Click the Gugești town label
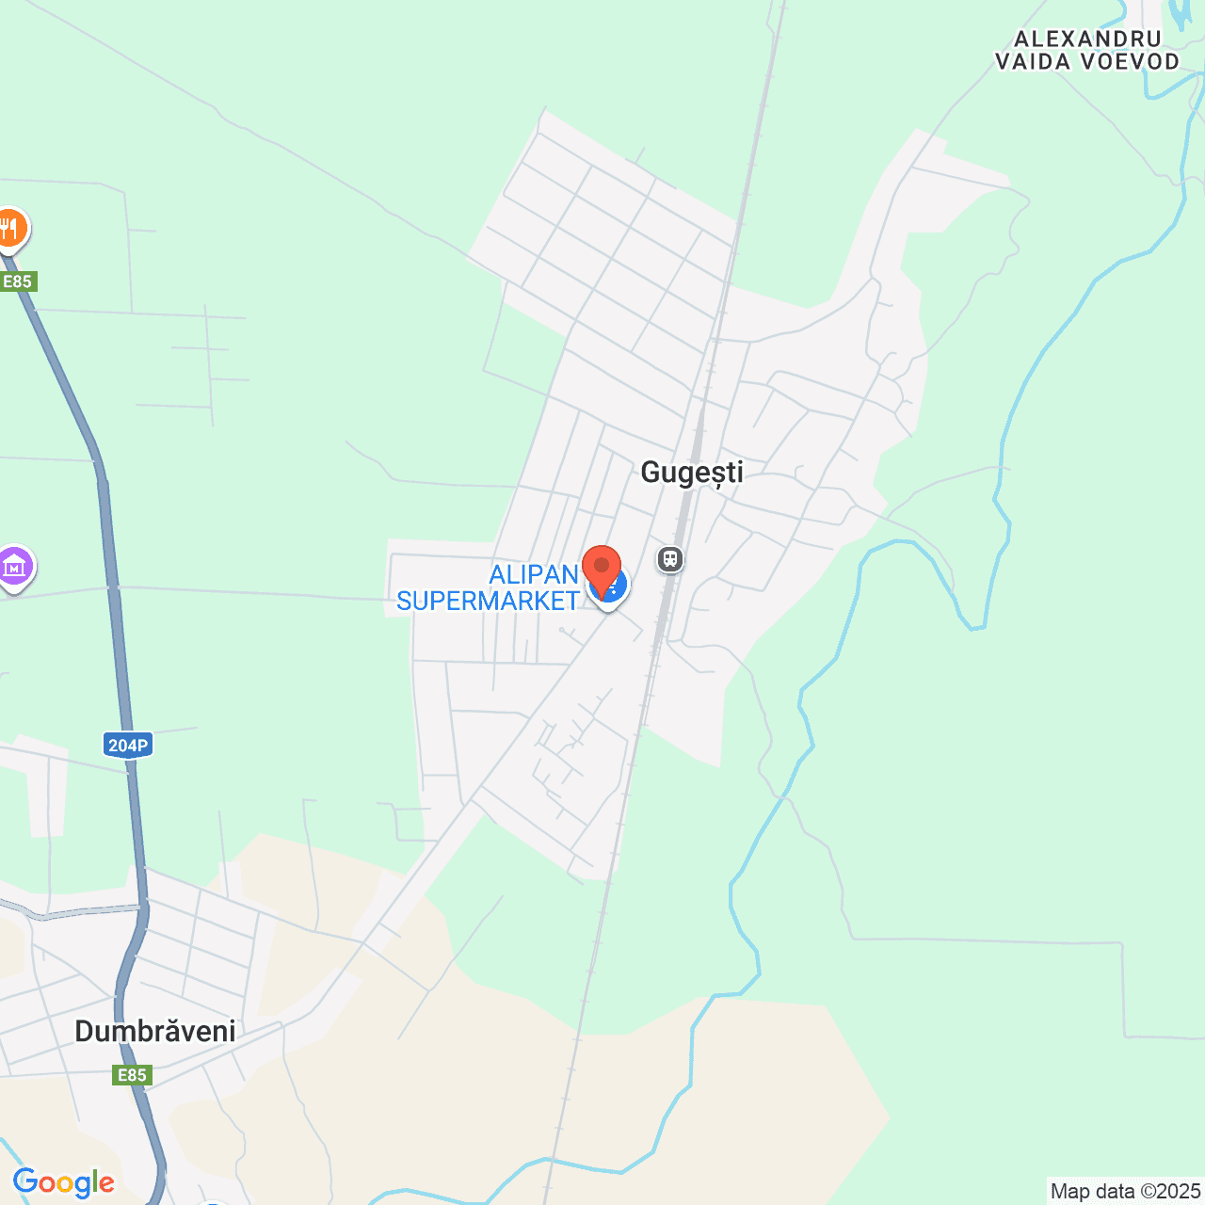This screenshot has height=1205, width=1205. pyautogui.click(x=692, y=473)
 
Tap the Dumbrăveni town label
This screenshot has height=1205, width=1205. pyautogui.click(x=155, y=1031)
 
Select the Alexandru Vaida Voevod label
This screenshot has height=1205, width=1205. pyautogui.click(x=1087, y=51)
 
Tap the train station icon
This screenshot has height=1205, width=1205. pyautogui.click(x=669, y=560)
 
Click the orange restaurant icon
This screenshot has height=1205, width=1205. pyautogui.click(x=9, y=229)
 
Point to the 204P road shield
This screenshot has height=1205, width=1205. pyautogui.click(x=127, y=746)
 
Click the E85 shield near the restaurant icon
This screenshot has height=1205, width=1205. pyautogui.click(x=17, y=281)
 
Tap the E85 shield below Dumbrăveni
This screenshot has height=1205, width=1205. pyautogui.click(x=132, y=1075)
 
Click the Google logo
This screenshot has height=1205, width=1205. pyautogui.click(x=64, y=1183)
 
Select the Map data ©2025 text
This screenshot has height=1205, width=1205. pyautogui.click(x=1125, y=1192)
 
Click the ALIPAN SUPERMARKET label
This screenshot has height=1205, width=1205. pyautogui.click(x=488, y=587)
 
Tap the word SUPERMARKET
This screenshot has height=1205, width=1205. pyautogui.click(x=488, y=601)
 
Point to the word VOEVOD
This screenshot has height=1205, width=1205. pyautogui.click(x=1131, y=62)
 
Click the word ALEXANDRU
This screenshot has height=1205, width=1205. pyautogui.click(x=1087, y=40)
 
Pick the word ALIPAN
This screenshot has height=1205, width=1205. pyautogui.click(x=533, y=574)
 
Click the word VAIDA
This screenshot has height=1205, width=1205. pyautogui.click(x=1033, y=62)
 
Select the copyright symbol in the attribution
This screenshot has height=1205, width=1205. pyautogui.click(x=1147, y=1192)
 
